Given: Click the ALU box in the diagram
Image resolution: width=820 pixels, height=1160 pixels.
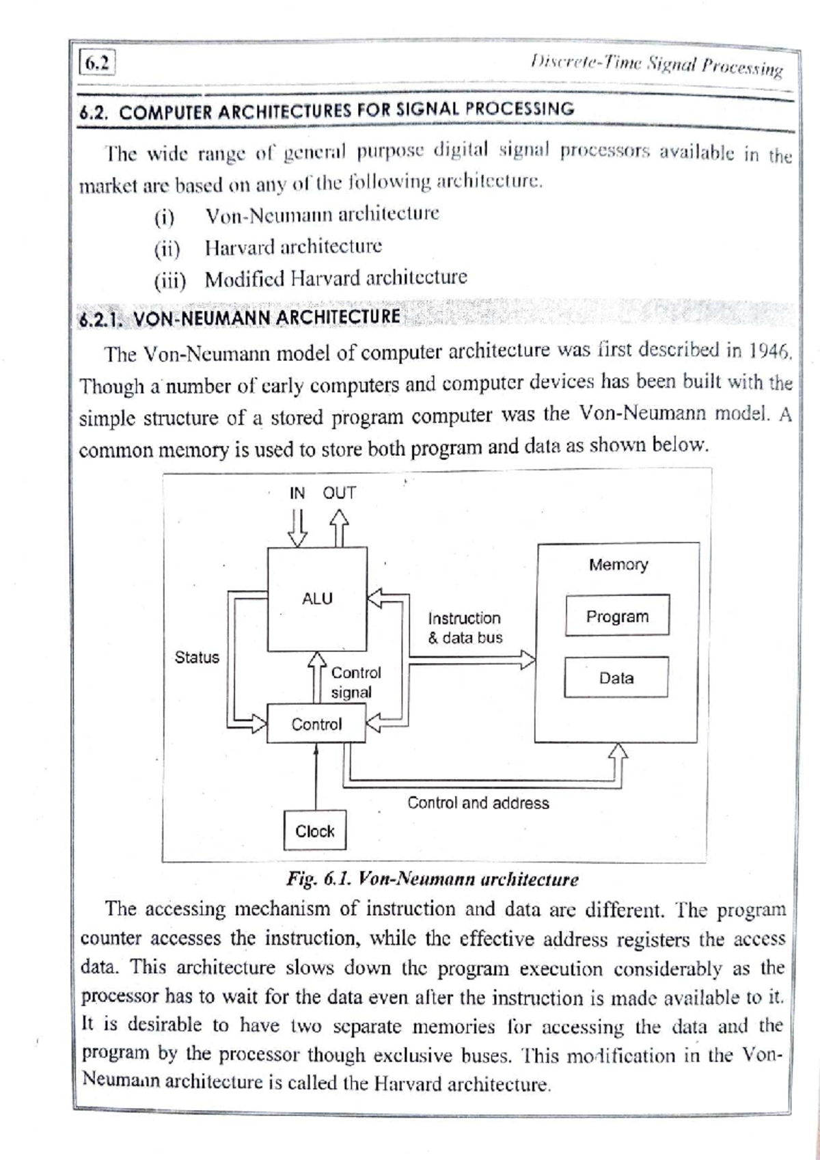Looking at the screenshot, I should click(316, 599).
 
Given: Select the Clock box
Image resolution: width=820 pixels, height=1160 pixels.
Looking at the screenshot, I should click(314, 831).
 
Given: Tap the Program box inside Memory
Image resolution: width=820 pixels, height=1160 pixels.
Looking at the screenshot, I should click(617, 616).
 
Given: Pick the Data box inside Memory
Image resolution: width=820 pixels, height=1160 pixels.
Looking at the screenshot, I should click(616, 677).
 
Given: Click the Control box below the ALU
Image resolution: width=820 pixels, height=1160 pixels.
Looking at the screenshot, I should click(316, 724).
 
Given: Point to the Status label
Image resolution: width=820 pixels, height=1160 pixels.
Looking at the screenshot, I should click(197, 657).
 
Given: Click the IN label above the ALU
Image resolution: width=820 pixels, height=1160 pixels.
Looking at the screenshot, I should click(297, 493).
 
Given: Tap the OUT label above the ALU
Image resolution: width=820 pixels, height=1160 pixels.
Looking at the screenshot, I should click(339, 493).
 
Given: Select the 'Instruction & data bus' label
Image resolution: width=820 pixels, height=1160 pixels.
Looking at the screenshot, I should click(465, 628).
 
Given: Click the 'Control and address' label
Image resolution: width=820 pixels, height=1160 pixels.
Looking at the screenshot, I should click(478, 802).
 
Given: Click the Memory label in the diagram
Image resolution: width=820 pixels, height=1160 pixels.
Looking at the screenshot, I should click(618, 565).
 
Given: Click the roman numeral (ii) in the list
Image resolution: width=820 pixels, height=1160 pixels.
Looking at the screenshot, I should click(167, 248).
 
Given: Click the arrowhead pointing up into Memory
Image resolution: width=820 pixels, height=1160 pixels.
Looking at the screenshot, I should click(618, 751).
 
